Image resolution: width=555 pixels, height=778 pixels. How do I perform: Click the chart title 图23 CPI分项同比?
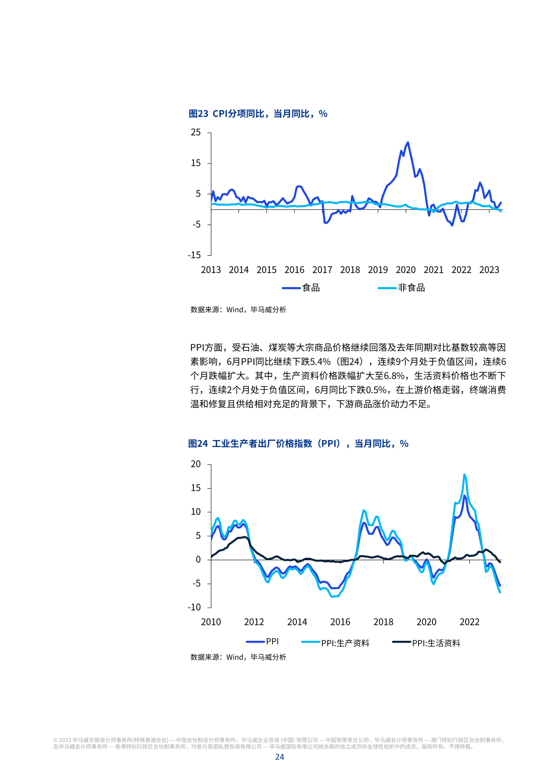(x=258, y=114)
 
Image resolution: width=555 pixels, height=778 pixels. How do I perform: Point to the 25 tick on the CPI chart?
(x=195, y=132)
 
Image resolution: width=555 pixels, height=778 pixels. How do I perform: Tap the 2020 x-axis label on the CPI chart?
(x=405, y=270)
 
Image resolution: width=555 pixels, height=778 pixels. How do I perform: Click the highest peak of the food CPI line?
(x=408, y=143)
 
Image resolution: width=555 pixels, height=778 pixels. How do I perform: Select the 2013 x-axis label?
(x=211, y=270)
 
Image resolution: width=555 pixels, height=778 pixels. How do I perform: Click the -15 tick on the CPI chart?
(x=194, y=255)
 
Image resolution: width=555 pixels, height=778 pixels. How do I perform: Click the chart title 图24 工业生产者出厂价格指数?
(x=298, y=444)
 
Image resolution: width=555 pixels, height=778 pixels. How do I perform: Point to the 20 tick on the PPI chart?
(x=195, y=464)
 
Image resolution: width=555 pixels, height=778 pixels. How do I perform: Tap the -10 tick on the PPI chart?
(x=194, y=607)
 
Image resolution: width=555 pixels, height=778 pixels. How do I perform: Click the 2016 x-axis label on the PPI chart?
(x=340, y=622)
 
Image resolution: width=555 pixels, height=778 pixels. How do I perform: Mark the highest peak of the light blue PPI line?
(x=464, y=475)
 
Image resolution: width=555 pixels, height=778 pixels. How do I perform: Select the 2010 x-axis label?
(x=211, y=622)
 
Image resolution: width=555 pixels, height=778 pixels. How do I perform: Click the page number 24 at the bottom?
(x=279, y=757)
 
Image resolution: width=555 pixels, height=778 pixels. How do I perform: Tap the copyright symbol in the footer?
(x=55, y=740)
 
